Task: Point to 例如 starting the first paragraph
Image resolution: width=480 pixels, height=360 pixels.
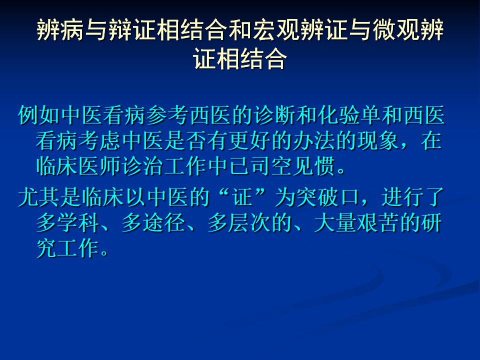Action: (x=39, y=115)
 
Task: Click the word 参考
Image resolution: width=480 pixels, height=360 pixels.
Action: (x=167, y=115)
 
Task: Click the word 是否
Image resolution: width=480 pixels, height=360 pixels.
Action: (x=185, y=141)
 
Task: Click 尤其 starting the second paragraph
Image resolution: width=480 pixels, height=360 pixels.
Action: (x=39, y=197)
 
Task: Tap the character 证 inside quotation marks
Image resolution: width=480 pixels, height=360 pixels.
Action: (x=242, y=197)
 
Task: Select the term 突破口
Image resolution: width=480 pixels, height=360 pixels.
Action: (x=328, y=197)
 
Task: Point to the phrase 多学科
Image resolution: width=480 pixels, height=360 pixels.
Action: (x=68, y=222)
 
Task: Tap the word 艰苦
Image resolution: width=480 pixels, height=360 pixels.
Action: (x=378, y=222)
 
